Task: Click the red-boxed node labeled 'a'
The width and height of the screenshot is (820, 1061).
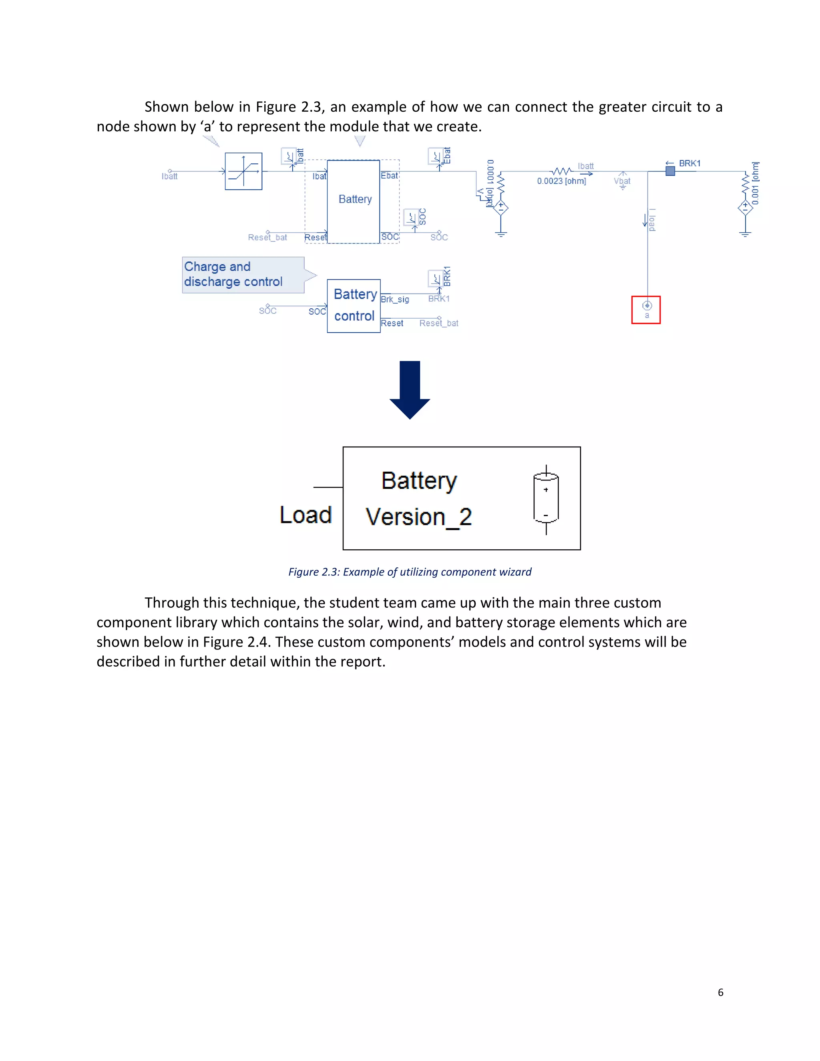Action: pyautogui.click(x=646, y=309)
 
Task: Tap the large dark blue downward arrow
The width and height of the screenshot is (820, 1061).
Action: pyautogui.click(x=410, y=390)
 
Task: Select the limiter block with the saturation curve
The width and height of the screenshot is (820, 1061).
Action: pyautogui.click(x=243, y=171)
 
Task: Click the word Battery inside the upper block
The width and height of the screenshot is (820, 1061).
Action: pyautogui.click(x=355, y=199)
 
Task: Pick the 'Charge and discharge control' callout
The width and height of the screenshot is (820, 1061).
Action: pyautogui.click(x=243, y=275)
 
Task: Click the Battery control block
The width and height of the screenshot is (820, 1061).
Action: pyautogui.click(x=354, y=305)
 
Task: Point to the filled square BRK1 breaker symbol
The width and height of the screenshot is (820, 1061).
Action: pyautogui.click(x=670, y=171)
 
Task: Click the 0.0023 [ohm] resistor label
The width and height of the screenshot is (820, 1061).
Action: pyautogui.click(x=561, y=181)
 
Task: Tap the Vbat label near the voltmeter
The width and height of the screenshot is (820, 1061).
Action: pyautogui.click(x=622, y=181)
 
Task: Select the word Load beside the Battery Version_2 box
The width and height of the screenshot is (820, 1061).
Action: pyautogui.click(x=305, y=514)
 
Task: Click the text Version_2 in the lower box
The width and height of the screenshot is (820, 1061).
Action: pyautogui.click(x=418, y=516)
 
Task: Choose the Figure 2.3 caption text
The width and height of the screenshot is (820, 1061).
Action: pyautogui.click(x=410, y=572)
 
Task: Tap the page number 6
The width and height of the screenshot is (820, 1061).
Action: pyautogui.click(x=720, y=992)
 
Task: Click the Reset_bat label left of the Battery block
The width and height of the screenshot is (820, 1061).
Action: pyautogui.click(x=267, y=237)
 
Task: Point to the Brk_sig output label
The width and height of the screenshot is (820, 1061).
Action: pyautogui.click(x=395, y=299)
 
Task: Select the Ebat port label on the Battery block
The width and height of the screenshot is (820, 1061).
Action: pyautogui.click(x=389, y=176)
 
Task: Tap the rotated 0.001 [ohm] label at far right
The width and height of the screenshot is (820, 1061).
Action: pyautogui.click(x=755, y=183)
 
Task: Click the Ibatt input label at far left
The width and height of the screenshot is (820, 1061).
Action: pyautogui.click(x=169, y=176)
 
